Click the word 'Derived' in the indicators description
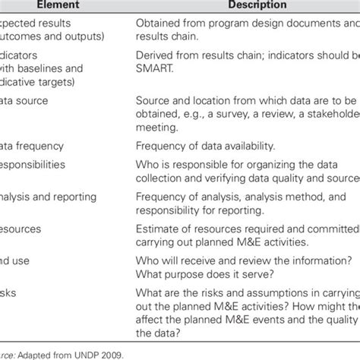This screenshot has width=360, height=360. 156,55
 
